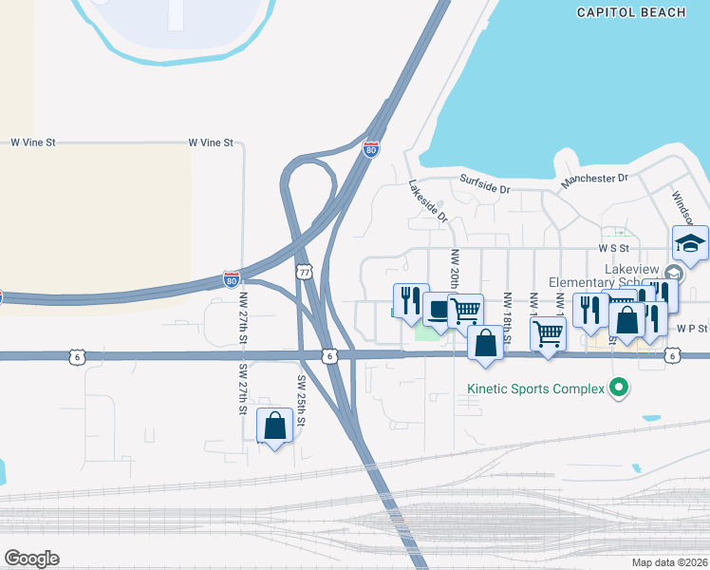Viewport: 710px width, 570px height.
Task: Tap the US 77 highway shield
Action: (304, 272)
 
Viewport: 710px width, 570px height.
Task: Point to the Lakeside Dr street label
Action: (428, 201)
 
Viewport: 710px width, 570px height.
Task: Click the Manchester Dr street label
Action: (594, 179)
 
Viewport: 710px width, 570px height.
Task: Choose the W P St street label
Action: (692, 328)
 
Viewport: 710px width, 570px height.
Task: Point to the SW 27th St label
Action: (244, 389)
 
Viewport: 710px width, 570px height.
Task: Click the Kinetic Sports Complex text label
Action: (536, 388)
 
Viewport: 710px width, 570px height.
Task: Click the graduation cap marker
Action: (690, 243)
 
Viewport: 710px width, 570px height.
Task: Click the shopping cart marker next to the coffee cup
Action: (465, 310)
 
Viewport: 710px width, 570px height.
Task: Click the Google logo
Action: (31, 558)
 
